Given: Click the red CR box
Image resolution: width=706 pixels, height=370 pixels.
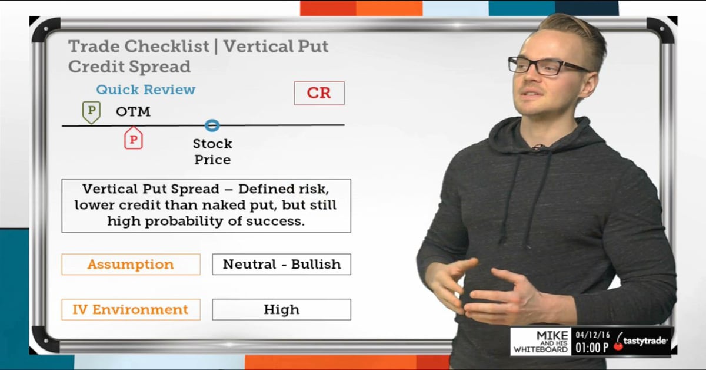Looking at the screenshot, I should click(x=319, y=93).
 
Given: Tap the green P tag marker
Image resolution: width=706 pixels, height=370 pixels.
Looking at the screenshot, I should click(x=91, y=111).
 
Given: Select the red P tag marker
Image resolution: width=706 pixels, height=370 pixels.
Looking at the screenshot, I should click(x=133, y=138).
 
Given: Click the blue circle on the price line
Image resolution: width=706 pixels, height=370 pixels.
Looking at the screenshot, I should click(x=212, y=125).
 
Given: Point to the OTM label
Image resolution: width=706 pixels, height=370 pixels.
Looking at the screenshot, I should click(x=133, y=111).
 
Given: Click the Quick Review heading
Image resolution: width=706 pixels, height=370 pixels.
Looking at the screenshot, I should click(x=145, y=90).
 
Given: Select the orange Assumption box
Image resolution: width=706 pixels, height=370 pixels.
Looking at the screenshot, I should click(x=131, y=265).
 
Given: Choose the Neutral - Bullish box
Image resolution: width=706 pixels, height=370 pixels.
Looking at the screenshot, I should click(x=281, y=265).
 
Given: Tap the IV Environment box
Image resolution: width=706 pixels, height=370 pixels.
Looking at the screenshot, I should click(x=131, y=309).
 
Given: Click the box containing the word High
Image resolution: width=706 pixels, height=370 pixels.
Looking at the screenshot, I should click(x=281, y=309).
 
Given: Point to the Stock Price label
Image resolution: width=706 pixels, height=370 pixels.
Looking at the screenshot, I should click(x=212, y=151).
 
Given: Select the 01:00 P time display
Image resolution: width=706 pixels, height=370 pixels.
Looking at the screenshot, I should click(x=592, y=347).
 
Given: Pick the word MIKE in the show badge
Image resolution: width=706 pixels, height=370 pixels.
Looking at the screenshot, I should click(x=552, y=335).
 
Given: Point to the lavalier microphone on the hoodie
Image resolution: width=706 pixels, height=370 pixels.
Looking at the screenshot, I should click(x=537, y=147).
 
